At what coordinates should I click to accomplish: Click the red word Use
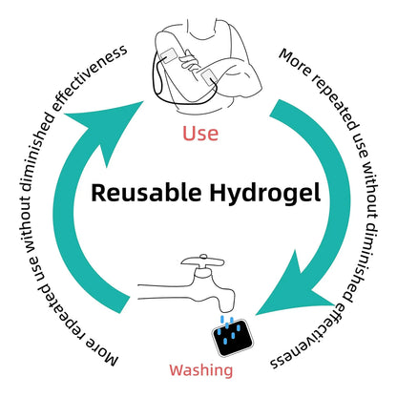pyautogui.click(x=200, y=134)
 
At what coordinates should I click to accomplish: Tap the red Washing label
pyautogui.click(x=201, y=370)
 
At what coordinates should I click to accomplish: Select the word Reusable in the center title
pyautogui.click(x=147, y=193)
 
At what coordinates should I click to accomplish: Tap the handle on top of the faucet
pyautogui.click(x=202, y=261)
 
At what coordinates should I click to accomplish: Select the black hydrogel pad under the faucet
pyautogui.click(x=233, y=338)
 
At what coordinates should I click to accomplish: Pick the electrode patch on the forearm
pyautogui.click(x=209, y=77)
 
